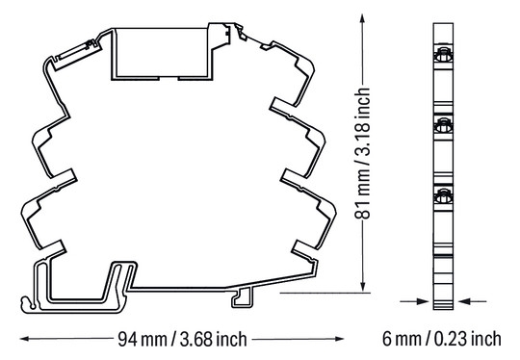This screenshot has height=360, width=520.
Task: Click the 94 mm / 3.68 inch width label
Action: click(x=182, y=339)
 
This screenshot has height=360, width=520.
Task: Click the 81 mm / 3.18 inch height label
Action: click(x=362, y=153)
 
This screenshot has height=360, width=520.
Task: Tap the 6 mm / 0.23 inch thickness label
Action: click(x=441, y=339)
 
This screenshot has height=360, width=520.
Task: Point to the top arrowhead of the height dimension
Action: click(x=362, y=18)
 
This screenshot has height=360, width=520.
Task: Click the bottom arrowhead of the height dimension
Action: click(x=362, y=287)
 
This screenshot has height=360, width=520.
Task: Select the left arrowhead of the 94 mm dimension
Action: click(x=25, y=339)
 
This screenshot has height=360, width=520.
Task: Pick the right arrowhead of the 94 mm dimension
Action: click(x=339, y=339)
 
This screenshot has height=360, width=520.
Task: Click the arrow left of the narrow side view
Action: click(x=414, y=301)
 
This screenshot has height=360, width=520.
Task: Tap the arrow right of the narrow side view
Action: click(x=472, y=301)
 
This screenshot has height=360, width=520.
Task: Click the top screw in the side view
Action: click(x=443, y=55)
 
